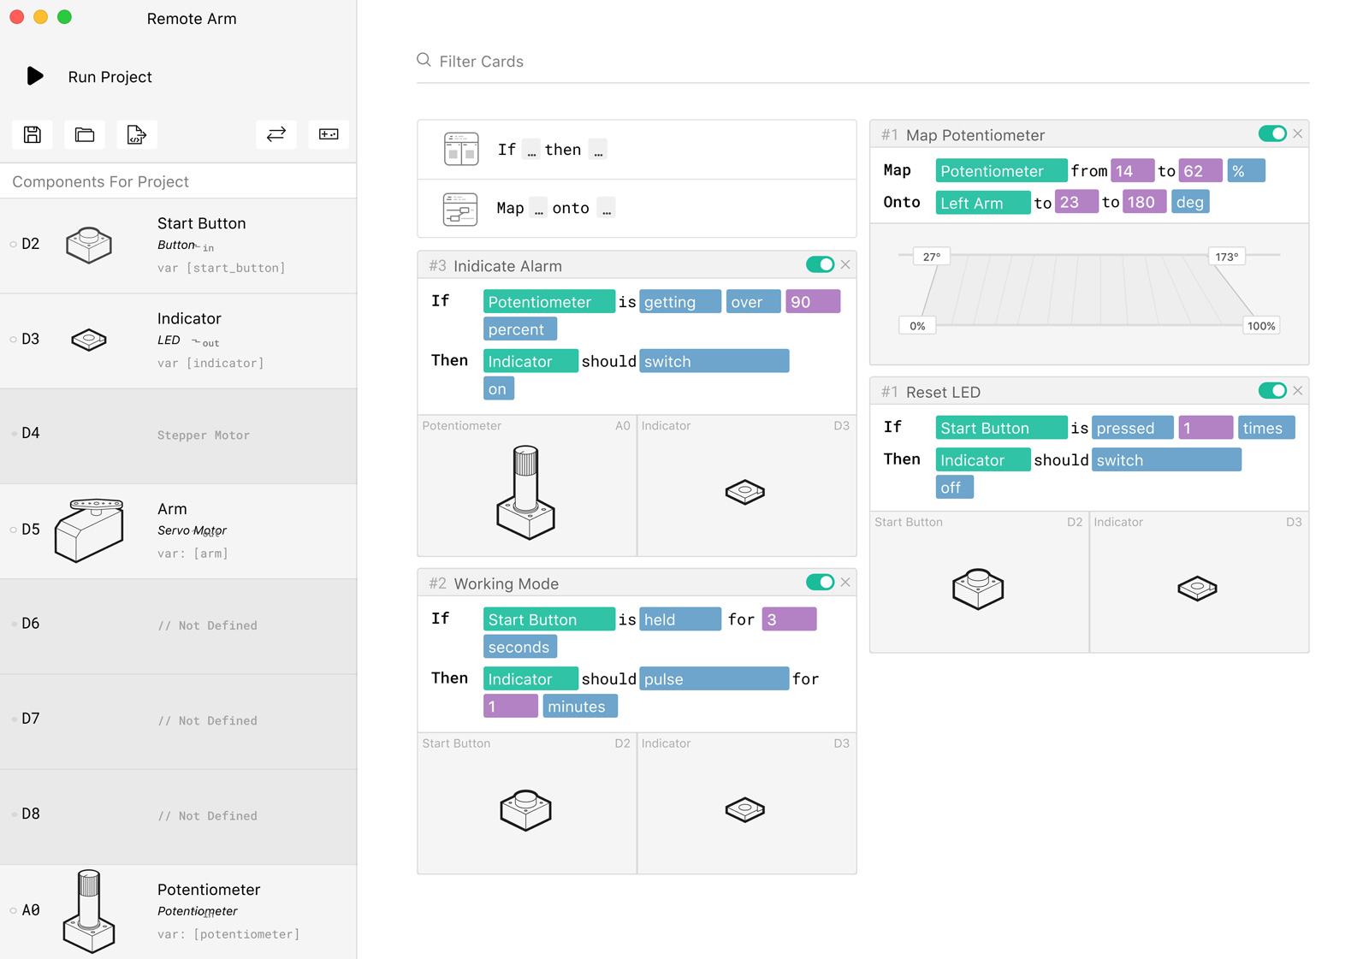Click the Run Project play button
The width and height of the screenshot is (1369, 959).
tap(35, 76)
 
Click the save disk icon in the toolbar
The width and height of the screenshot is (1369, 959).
tap(33, 134)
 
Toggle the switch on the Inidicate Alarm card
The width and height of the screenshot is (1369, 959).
tap(820, 264)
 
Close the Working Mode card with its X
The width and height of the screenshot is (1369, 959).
tap(845, 583)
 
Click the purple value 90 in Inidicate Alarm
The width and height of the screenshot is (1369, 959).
tap(812, 302)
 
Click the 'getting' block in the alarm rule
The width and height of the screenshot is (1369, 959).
tap(679, 302)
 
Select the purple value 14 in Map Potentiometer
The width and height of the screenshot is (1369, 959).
tap(1131, 171)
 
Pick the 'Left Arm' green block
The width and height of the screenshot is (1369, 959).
tap(981, 203)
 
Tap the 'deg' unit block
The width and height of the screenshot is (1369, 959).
tap(1189, 203)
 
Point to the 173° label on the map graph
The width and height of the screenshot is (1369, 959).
tap(1226, 257)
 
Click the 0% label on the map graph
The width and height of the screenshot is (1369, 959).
tap(917, 326)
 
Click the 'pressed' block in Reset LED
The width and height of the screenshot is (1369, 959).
tap(1131, 428)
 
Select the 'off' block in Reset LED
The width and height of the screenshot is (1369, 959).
tap(953, 488)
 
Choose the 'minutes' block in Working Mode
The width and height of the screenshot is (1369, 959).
tap(579, 707)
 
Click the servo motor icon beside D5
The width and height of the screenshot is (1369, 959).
tap(89, 530)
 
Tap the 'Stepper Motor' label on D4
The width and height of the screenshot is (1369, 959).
tap(204, 435)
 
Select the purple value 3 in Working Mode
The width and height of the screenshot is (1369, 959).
tap(788, 619)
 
